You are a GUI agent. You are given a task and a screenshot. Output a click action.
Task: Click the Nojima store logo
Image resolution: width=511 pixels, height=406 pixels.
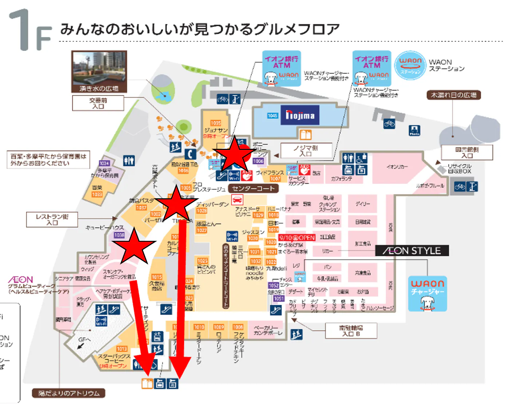coord(300,115)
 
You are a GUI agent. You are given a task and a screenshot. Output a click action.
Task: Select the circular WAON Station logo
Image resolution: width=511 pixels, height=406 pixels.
coord(410,65)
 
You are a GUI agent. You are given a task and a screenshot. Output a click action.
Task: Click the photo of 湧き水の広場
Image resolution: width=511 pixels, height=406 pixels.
coord(99,71)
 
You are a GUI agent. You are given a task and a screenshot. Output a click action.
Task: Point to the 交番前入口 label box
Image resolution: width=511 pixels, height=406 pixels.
coord(98,103)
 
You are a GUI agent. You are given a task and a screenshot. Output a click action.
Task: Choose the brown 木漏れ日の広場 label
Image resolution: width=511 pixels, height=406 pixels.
coord(453,95)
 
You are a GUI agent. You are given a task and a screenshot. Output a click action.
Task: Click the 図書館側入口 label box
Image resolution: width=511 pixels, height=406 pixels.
coord(467,152)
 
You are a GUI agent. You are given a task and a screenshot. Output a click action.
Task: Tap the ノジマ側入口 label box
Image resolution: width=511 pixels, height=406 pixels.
coord(306,151)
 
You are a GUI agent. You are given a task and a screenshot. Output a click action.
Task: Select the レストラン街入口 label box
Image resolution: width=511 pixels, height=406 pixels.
coord(52,219)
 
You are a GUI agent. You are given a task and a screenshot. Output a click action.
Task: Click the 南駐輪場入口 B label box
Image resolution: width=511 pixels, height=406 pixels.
coord(351,331)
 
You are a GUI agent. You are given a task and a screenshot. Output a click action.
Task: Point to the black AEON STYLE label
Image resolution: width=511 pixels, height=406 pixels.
coord(412,251)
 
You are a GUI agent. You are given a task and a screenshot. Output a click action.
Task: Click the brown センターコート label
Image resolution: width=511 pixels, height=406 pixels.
coord(253,188)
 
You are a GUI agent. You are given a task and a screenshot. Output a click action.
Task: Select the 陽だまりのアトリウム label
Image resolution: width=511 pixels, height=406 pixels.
coord(69,393)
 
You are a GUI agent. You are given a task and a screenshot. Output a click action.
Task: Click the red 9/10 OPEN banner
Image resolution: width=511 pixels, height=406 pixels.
coord(297,238)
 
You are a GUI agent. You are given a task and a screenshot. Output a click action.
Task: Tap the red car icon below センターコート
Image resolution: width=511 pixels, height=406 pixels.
coord(237,200)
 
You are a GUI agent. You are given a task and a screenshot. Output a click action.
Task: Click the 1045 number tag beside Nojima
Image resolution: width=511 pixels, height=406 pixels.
coord(273,116)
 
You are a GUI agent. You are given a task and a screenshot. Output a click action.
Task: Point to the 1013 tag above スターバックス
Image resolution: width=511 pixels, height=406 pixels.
coord(122,349)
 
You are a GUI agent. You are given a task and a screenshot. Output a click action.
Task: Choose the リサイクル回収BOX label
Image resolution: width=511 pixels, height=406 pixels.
coord(459,168)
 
